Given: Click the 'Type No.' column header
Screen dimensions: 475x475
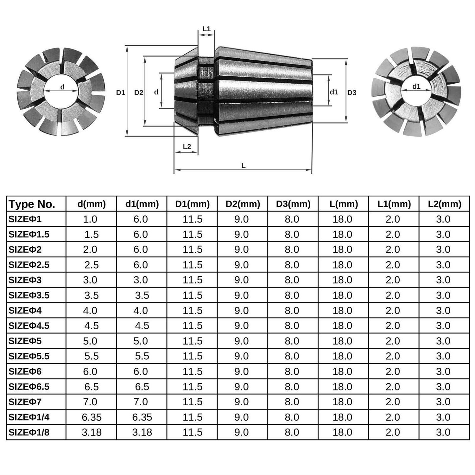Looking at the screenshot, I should [32, 204].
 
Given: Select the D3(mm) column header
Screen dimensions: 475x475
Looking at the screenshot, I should [293, 204].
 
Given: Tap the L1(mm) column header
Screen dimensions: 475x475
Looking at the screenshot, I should [394, 204].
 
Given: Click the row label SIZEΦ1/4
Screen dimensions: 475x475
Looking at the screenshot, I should [29, 417].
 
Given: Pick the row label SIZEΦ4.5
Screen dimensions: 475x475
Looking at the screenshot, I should [29, 326].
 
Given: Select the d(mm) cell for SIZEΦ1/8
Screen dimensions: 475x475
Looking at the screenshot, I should [92, 432].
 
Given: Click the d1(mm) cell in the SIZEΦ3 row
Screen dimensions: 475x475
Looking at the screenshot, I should [141, 280].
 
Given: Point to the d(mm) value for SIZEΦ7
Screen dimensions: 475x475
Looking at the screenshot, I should [90, 402].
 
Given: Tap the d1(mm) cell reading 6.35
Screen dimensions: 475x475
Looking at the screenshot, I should [142, 417].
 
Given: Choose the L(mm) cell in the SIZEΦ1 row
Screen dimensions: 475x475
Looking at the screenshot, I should [342, 219].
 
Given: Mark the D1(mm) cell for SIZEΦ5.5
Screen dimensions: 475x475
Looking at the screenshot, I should [192, 356].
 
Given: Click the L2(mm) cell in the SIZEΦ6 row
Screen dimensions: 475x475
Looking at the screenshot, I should [443, 371].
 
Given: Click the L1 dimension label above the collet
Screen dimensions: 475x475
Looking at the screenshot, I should [206, 29].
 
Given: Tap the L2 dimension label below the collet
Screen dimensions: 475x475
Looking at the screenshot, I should [187, 147].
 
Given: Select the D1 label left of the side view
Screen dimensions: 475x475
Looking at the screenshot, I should [120, 93].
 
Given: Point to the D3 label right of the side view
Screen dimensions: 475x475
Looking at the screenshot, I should [352, 93].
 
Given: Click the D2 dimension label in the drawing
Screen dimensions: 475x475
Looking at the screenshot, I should [139, 93].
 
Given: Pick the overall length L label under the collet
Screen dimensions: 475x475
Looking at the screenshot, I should [243, 166].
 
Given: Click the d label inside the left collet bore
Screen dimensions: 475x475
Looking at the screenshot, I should [62, 87].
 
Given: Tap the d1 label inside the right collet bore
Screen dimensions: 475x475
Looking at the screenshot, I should [416, 86].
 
